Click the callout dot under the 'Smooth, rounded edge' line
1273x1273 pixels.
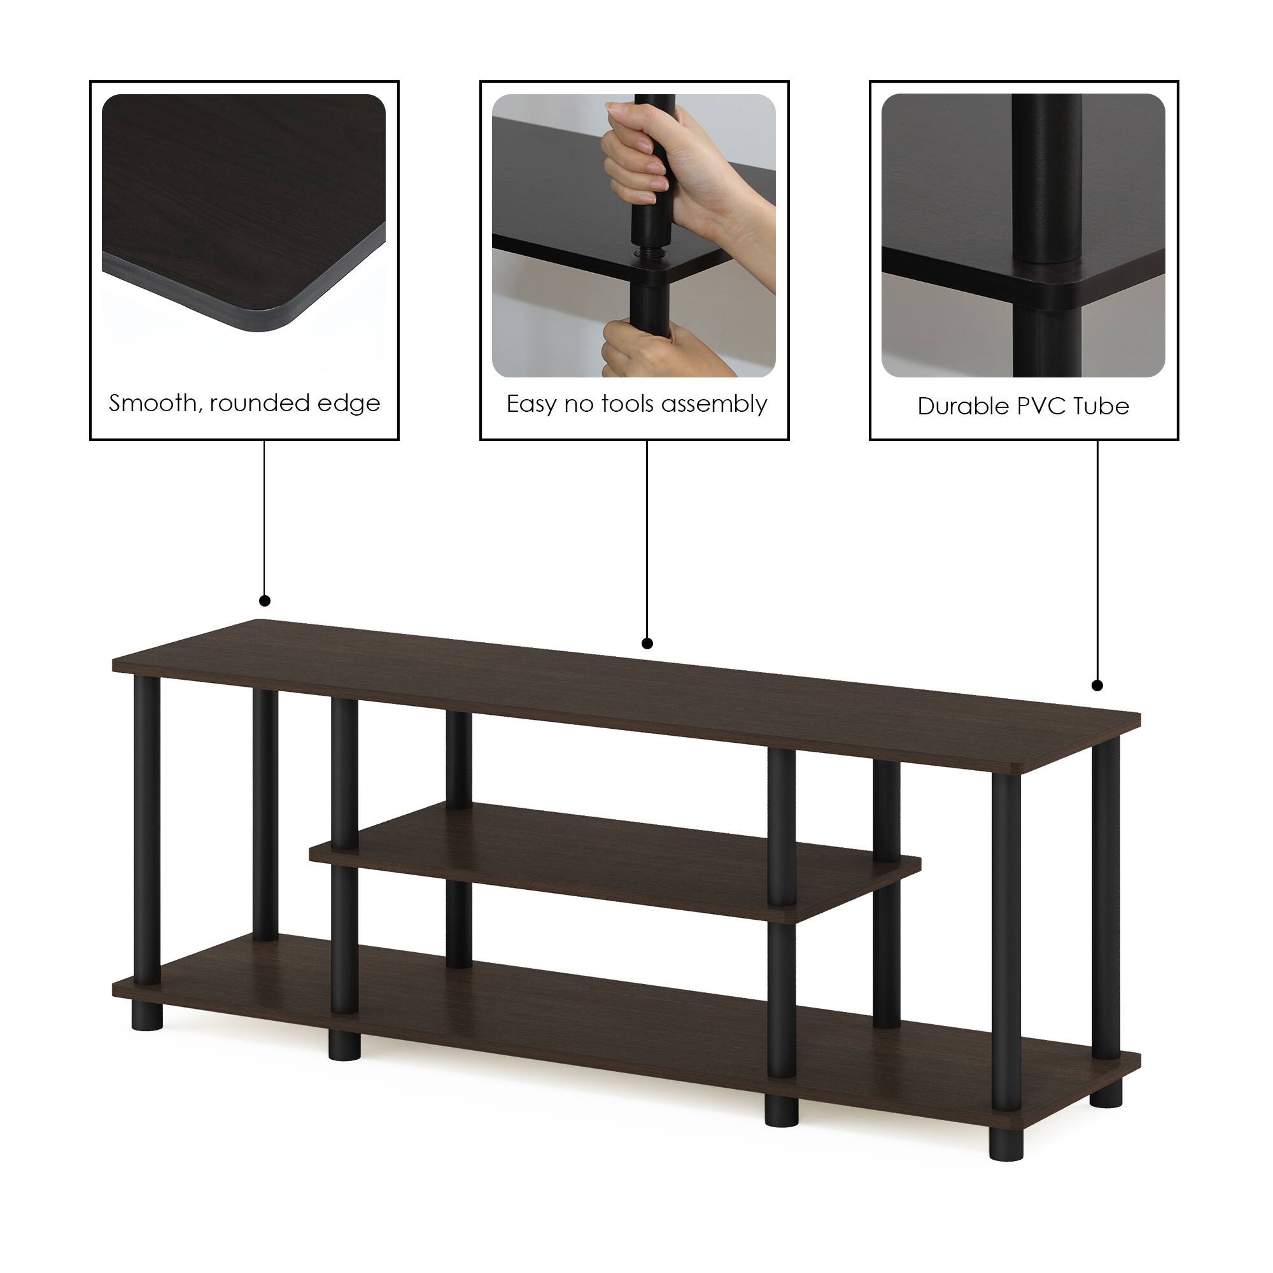click(x=265, y=600)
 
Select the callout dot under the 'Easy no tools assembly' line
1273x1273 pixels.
click(x=647, y=643)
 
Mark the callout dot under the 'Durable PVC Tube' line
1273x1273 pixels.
click(x=1097, y=686)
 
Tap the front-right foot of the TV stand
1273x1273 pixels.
click(x=1006, y=1143)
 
